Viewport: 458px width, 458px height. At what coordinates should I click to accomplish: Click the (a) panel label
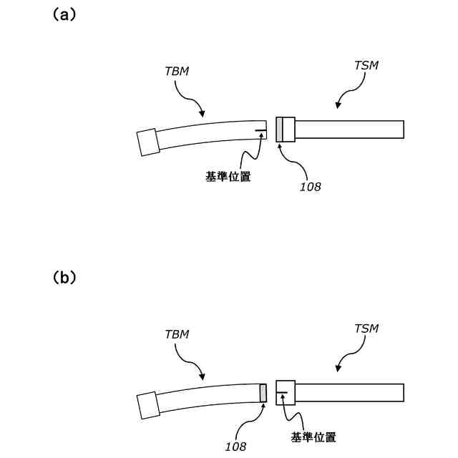click(64, 14)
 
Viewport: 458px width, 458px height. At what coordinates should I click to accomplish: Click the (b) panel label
click(64, 278)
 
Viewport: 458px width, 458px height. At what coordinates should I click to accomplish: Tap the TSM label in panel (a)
click(366, 65)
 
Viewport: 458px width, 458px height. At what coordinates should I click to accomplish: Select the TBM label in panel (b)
click(176, 334)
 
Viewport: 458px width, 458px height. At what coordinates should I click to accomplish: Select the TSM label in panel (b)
click(366, 328)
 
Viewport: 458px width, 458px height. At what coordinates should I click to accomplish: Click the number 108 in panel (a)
click(311, 187)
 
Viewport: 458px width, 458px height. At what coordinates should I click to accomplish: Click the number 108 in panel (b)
click(235, 446)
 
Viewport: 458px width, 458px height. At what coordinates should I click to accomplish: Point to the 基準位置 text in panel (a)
click(228, 177)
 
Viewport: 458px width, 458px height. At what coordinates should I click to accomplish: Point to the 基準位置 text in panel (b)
click(313, 437)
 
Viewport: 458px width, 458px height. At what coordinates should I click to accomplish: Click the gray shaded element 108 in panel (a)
click(279, 129)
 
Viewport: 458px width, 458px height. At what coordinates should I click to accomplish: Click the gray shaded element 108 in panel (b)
click(263, 393)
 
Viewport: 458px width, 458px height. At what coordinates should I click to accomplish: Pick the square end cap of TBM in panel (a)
click(148, 141)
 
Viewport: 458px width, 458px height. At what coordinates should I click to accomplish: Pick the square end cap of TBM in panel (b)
click(148, 405)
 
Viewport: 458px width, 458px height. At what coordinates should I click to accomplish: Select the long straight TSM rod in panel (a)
click(349, 130)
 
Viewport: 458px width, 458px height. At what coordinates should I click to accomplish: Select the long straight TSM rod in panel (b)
click(349, 393)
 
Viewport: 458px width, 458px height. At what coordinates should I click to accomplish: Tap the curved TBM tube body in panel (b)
click(208, 398)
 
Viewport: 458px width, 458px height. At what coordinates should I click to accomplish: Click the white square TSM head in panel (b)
click(286, 393)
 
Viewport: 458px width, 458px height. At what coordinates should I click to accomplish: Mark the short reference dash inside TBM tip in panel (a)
click(260, 130)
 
